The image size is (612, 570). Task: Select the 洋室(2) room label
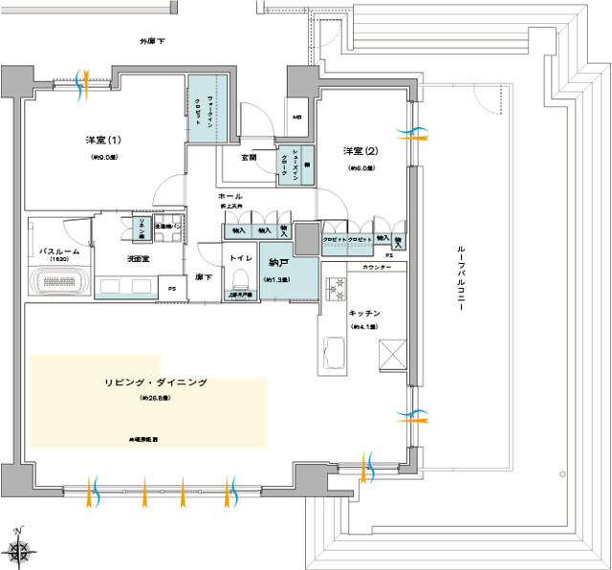click(x=360, y=151)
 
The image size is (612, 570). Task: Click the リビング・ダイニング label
click(x=155, y=383)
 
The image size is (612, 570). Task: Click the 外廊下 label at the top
click(x=153, y=43)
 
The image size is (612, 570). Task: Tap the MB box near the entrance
click(x=297, y=117)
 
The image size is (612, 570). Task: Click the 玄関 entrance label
click(x=248, y=157)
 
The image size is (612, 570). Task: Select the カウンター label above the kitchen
click(x=377, y=270)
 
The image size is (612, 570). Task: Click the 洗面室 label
click(x=138, y=259)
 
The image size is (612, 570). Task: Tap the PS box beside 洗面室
click(x=172, y=288)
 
